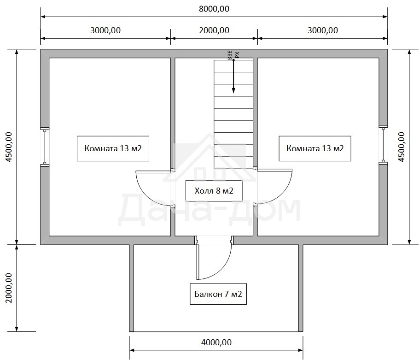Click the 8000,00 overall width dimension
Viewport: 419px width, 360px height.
click(x=214, y=9)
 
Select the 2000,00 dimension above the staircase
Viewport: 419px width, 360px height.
click(x=214, y=30)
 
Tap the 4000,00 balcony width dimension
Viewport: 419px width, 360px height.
click(x=216, y=342)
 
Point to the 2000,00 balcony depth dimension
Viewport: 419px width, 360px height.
click(x=9, y=288)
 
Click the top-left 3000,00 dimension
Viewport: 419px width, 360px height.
click(x=105, y=30)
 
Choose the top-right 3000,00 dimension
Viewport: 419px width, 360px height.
click(x=322, y=30)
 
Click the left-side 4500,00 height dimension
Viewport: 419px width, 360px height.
click(x=9, y=147)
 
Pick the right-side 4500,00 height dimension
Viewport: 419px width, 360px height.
click(x=402, y=147)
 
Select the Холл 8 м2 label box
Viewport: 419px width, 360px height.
click(x=214, y=191)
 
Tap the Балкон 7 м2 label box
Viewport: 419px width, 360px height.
click(x=218, y=294)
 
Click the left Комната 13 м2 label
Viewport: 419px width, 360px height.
click(x=113, y=148)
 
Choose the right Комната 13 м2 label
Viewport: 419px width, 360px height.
click(x=315, y=148)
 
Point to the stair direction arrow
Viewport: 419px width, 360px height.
click(x=233, y=76)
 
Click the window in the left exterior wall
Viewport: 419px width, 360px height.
click(x=45, y=147)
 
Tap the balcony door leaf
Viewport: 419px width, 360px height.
click(x=198, y=258)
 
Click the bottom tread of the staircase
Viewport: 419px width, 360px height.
click(x=233, y=163)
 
